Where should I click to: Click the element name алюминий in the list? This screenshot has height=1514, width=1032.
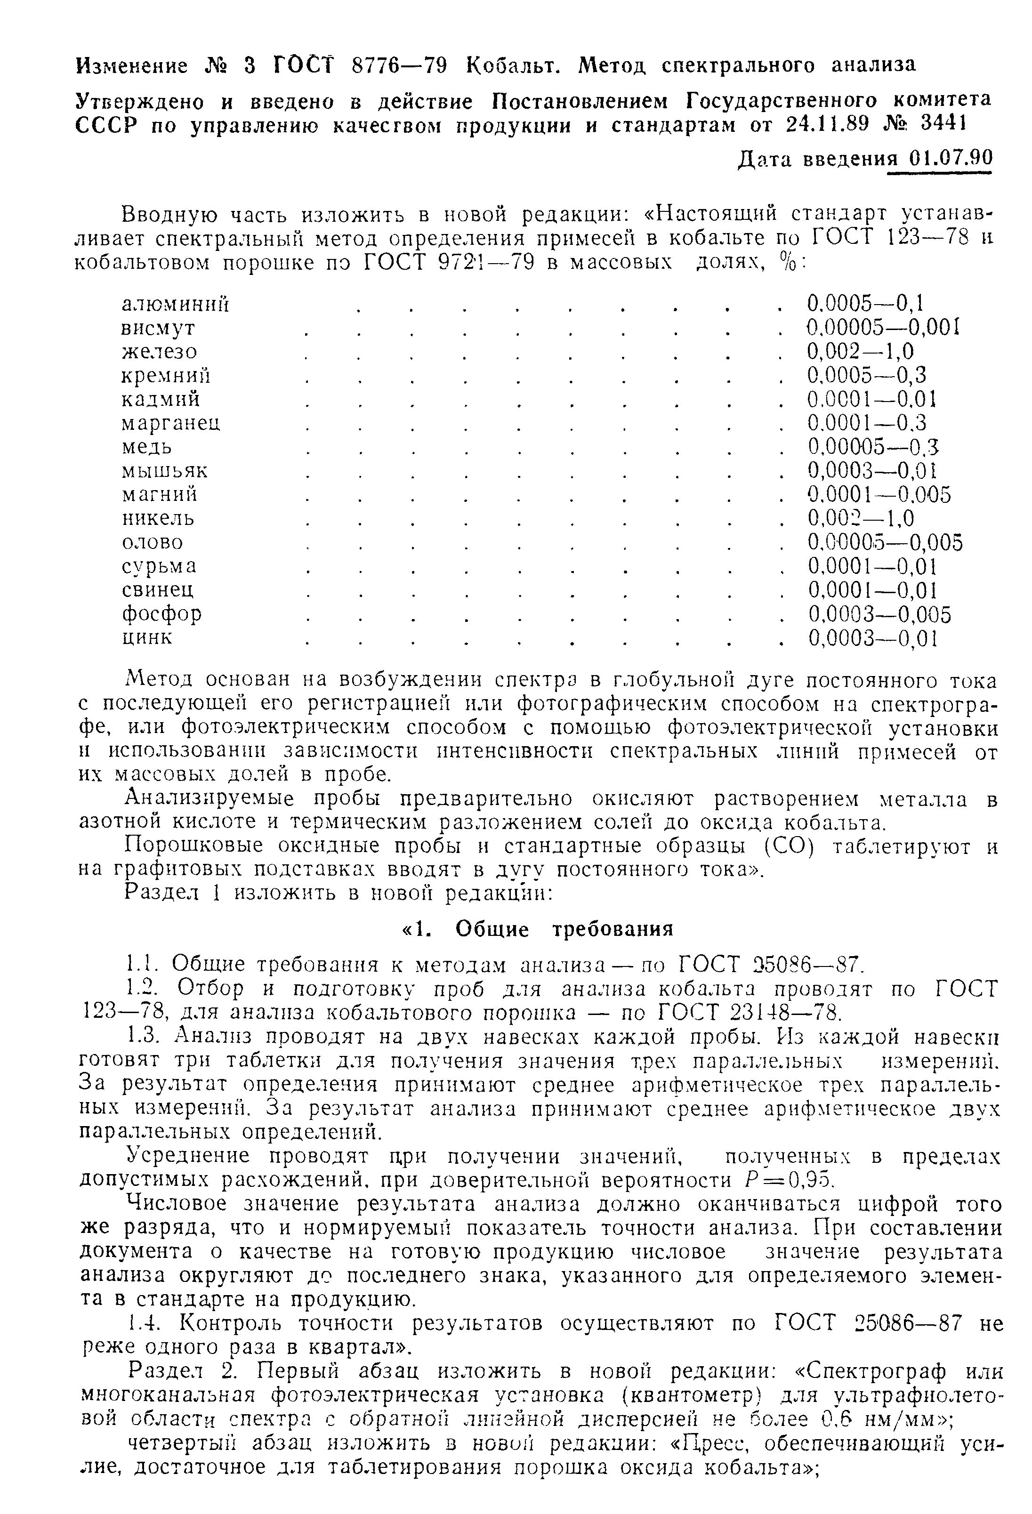click(176, 304)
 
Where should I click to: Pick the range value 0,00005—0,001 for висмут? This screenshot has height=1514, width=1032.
click(883, 328)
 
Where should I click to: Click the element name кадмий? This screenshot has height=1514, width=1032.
click(161, 399)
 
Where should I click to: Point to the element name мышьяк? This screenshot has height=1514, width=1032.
click(165, 470)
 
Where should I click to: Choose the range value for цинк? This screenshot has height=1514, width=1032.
click(872, 638)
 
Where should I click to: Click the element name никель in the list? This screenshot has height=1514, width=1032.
click(158, 519)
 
